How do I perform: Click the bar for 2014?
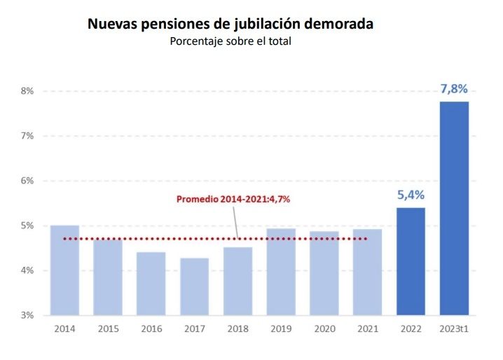tap(64, 270)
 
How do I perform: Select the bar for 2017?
tap(194, 286)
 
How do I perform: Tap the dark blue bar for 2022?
tap(411, 261)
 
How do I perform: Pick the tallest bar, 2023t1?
tap(454, 209)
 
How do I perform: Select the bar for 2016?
tap(151, 284)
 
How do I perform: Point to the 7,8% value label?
tap(453, 89)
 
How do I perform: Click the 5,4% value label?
tap(411, 195)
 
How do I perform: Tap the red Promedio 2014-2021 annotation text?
tap(233, 199)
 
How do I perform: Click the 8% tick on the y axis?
tap(27, 91)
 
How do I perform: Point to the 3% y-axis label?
tap(27, 316)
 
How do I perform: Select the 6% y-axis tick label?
tap(27, 181)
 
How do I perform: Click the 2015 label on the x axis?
tap(107, 328)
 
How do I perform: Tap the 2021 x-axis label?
tap(367, 328)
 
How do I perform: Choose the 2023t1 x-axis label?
tap(454, 328)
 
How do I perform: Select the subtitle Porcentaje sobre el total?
tap(230, 41)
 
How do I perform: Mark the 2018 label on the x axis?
tap(237, 328)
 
